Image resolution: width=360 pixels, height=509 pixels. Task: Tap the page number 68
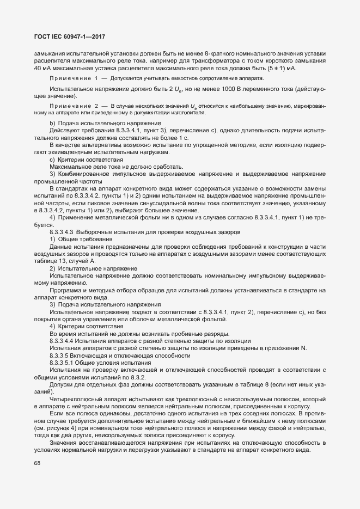click(x=37, y=463)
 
